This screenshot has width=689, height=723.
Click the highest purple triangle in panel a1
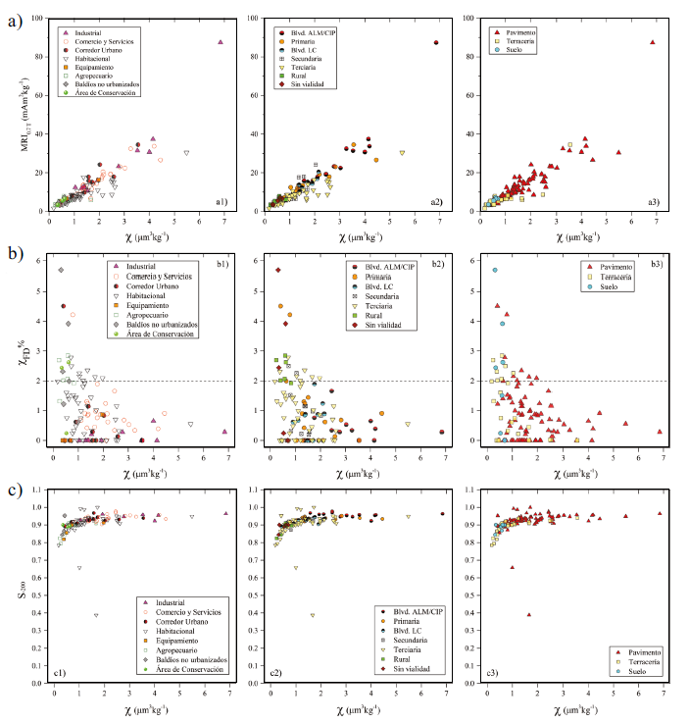pos(221,42)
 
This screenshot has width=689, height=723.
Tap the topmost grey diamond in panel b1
pos(62,270)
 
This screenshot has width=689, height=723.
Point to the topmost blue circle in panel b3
pos(496,270)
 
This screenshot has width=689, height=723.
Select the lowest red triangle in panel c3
pos(529,615)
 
